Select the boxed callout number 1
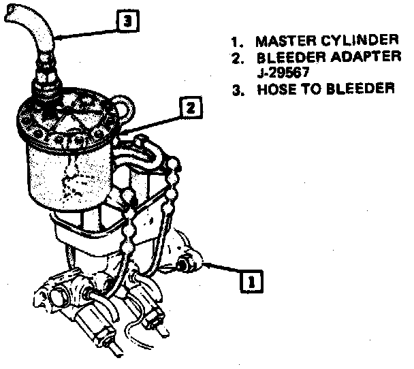tap(251, 279)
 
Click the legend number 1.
tap(236, 39)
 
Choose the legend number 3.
tap(236, 89)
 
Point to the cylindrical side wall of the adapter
tap(68, 177)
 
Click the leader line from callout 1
tap(221, 269)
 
